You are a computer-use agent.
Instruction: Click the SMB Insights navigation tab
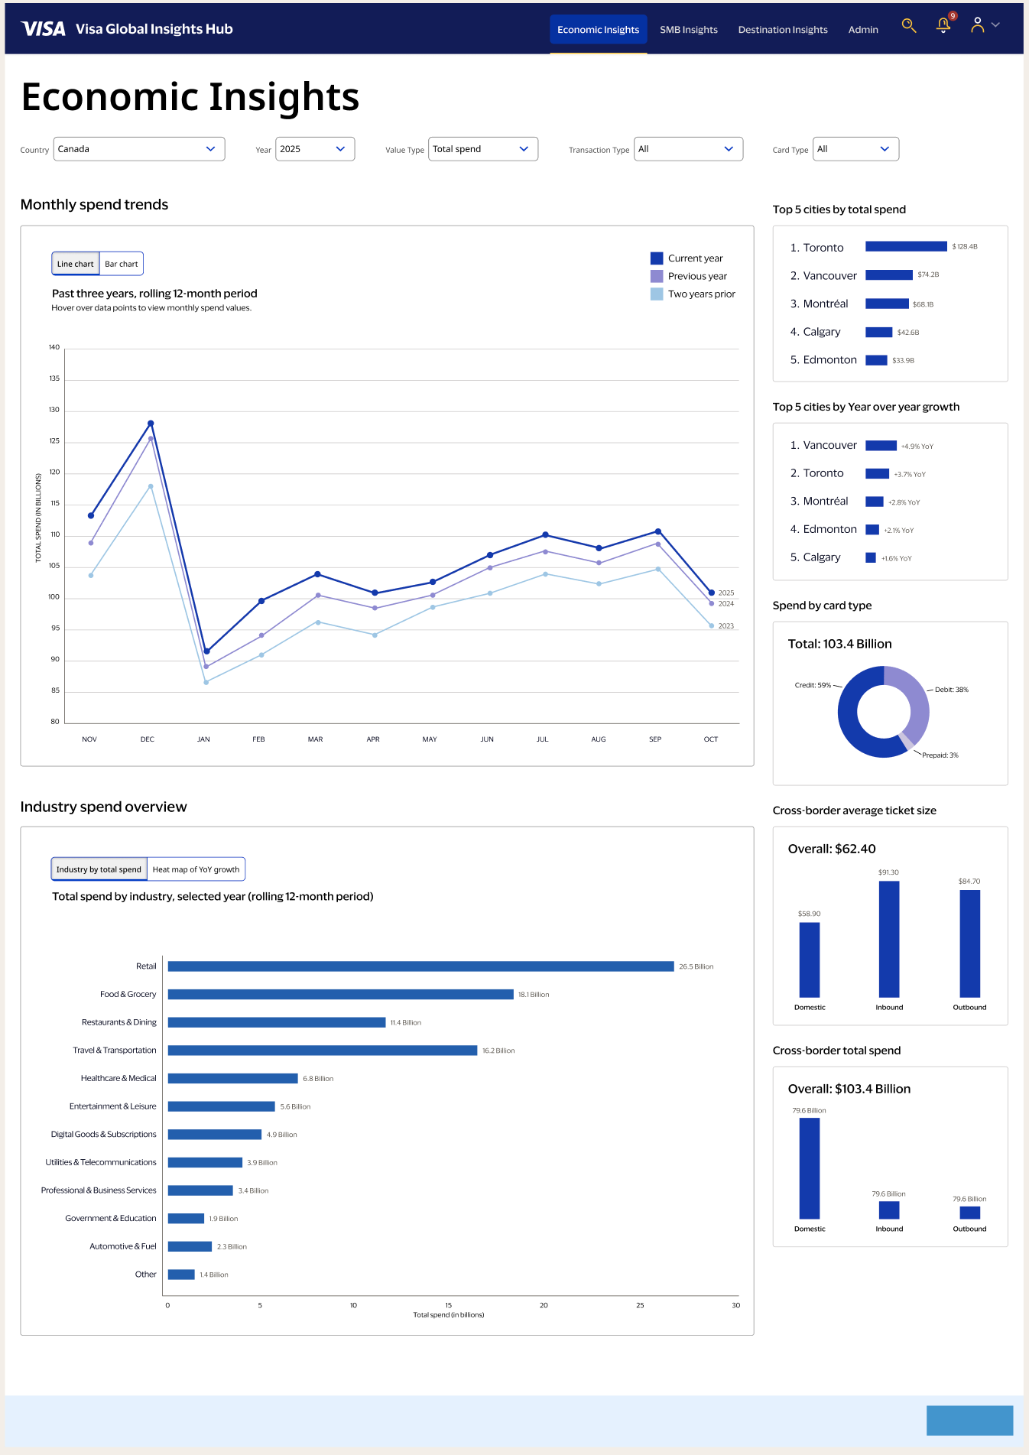pyautogui.click(x=688, y=30)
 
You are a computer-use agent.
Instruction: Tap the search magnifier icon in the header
pyautogui.click(x=908, y=26)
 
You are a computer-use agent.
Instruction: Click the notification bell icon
pyautogui.click(x=943, y=26)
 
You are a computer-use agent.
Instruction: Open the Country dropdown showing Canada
pyautogui.click(x=139, y=149)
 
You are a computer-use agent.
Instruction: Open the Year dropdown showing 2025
pyautogui.click(x=315, y=149)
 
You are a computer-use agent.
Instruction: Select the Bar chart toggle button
pyautogui.click(x=122, y=264)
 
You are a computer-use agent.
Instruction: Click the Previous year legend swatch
pyautogui.click(x=657, y=276)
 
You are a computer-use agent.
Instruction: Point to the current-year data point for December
pyautogui.click(x=151, y=424)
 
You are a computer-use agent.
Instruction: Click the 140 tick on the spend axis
pyautogui.click(x=54, y=347)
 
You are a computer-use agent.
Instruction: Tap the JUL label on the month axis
pyautogui.click(x=542, y=739)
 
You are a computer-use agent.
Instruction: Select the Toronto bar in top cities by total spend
pyautogui.click(x=906, y=246)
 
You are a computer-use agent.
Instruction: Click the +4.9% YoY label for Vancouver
pyautogui.click(x=917, y=447)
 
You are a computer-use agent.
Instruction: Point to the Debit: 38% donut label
pyautogui.click(x=951, y=690)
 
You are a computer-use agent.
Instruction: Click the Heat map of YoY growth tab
pyautogui.click(x=196, y=869)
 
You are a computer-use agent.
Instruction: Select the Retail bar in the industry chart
pyautogui.click(x=420, y=966)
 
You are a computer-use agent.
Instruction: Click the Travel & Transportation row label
pyautogui.click(x=115, y=1051)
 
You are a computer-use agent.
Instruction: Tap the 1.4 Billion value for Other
pyautogui.click(x=214, y=1275)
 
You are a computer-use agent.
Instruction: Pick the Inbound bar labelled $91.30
pyautogui.click(x=889, y=939)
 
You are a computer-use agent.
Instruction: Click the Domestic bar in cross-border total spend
pyautogui.click(x=810, y=1168)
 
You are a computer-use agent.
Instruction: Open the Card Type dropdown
pyautogui.click(x=855, y=149)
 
